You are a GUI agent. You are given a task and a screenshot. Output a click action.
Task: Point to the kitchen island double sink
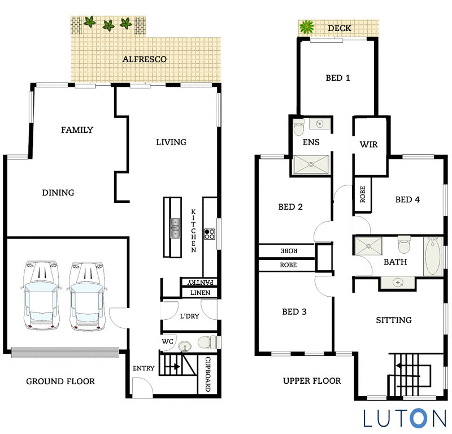pyautogui.click(x=175, y=227)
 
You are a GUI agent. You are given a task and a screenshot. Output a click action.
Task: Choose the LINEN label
pyautogui.click(x=200, y=293)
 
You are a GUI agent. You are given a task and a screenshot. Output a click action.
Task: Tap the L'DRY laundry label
pyautogui.click(x=189, y=316)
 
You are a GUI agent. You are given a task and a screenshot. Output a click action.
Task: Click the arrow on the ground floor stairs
pyautogui.click(x=174, y=366)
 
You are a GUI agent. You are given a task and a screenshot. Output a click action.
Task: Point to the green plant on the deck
pyautogui.click(x=307, y=27)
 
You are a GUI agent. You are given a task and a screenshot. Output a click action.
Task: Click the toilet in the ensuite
pyautogui.click(x=298, y=128)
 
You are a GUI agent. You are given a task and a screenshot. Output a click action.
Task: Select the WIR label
pyautogui.click(x=368, y=145)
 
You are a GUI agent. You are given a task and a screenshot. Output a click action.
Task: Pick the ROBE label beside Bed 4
pyautogui.click(x=362, y=195)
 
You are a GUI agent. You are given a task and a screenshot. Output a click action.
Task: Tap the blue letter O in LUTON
pyautogui.click(x=418, y=418)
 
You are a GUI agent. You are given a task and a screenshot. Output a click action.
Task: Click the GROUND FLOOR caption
pyautogui.click(x=60, y=381)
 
